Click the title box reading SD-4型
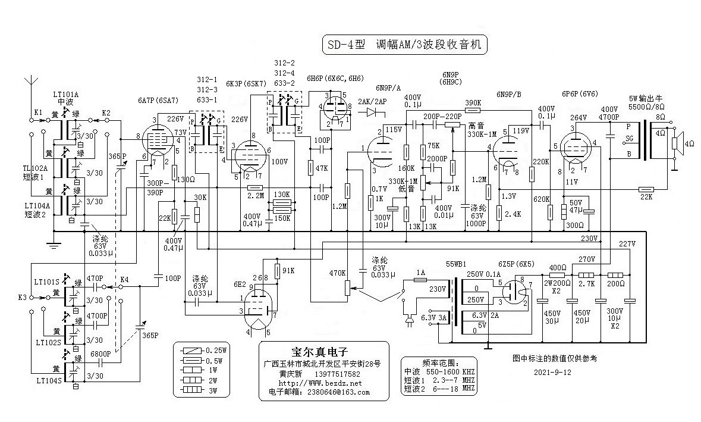[404, 45]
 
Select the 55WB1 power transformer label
[457, 263]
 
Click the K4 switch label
[124, 279]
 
